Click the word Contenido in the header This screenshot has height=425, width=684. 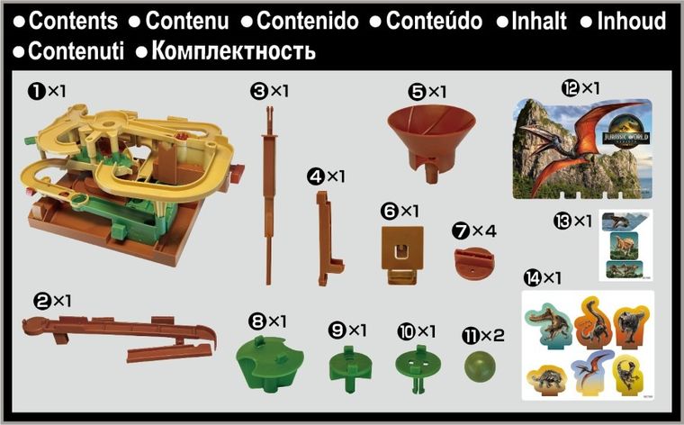tap(307, 21)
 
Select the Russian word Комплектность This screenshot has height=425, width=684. tap(233, 50)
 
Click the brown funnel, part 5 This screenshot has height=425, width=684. tap(422, 130)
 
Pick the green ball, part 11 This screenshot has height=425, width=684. tap(480, 367)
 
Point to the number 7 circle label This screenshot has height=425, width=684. tap(460, 231)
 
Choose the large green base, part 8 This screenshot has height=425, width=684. tap(269, 361)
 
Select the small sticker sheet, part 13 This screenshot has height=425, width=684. tap(625, 245)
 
